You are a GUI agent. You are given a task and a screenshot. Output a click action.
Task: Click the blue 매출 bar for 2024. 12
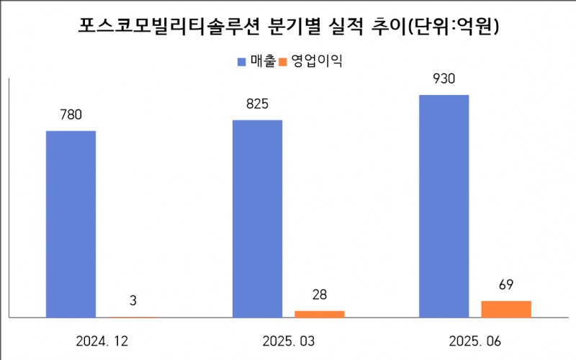[71, 223]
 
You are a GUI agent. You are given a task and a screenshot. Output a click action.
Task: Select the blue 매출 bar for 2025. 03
[257, 218]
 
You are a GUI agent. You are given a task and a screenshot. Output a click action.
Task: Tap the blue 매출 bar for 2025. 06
[444, 205]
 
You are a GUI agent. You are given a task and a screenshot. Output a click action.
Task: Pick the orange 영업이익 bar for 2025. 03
[320, 313]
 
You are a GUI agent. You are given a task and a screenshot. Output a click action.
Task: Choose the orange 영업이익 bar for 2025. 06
[506, 308]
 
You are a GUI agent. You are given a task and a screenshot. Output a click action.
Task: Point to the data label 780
[71, 114]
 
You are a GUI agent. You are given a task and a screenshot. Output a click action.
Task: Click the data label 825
[257, 104]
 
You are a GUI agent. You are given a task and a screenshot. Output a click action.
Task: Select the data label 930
[444, 78]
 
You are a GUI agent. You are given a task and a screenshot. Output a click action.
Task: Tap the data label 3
[133, 300]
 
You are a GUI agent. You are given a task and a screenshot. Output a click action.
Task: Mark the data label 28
[320, 294]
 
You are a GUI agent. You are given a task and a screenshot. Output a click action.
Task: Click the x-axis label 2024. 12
[101, 339]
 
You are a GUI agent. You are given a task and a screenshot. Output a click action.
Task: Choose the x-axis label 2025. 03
[288, 339]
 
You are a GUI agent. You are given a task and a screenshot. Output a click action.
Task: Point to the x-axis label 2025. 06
[475, 339]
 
